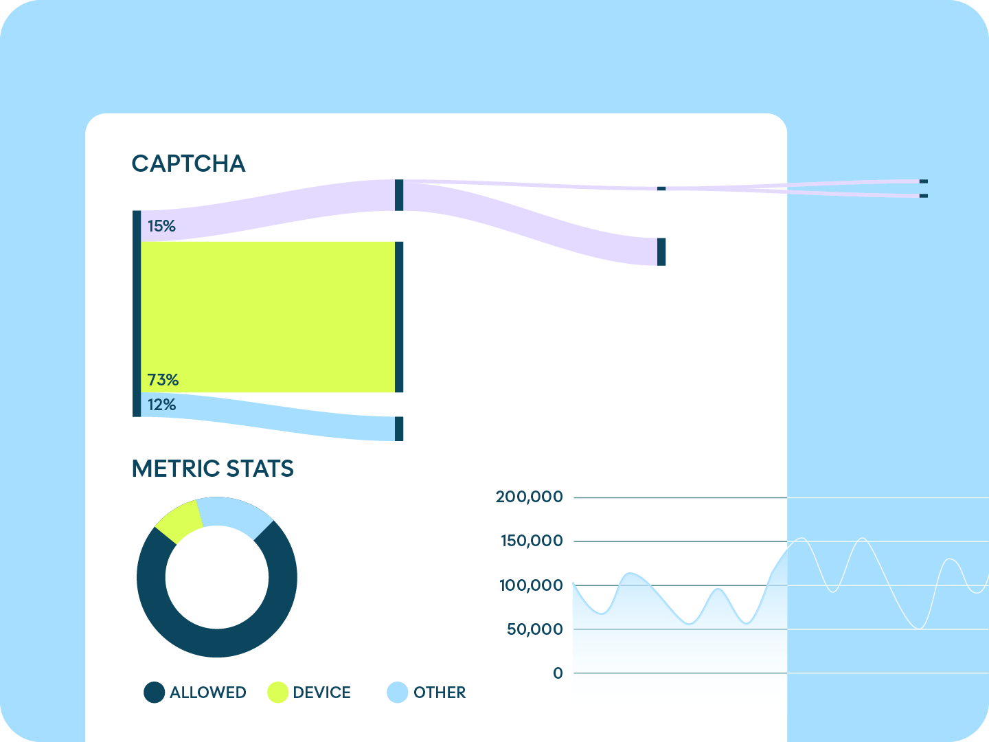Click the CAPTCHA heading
pos(188,164)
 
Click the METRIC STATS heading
pos(212,469)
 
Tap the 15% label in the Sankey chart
pos(161,226)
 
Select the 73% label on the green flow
pos(163,380)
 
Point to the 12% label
pos(161,405)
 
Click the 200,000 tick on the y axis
pos(529,497)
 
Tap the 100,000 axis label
pos(530,585)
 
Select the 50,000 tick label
pos(534,629)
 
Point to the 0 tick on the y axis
pos(558,673)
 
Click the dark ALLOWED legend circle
pos(155,693)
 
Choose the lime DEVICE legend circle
pos(277,693)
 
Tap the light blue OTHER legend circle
pos(398,693)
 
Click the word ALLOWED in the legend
pos(207,693)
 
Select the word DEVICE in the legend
pos(321,693)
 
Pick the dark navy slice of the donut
pos(217,642)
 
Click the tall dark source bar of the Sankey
pos(137,313)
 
